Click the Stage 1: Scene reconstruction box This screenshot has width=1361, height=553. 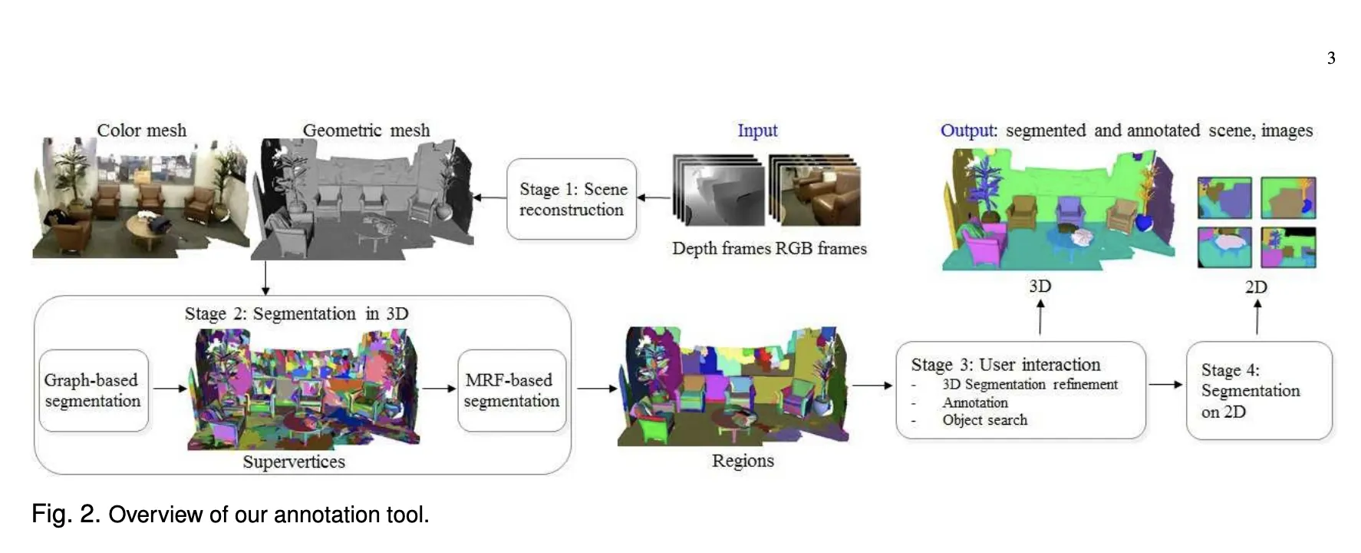click(x=572, y=199)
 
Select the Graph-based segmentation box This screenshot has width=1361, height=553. click(x=93, y=390)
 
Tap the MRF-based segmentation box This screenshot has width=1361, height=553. click(x=512, y=390)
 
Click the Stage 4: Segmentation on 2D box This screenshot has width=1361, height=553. click(x=1258, y=390)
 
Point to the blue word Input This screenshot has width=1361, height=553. click(x=757, y=131)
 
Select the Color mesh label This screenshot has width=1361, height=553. click(x=142, y=131)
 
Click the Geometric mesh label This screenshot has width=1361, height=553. click(x=366, y=131)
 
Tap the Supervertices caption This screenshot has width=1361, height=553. click(x=294, y=462)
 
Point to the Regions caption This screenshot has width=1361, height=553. click(x=743, y=461)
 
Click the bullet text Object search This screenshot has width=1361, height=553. click(x=984, y=420)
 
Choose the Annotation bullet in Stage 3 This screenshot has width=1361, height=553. click(x=975, y=402)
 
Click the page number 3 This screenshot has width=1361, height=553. click(x=1331, y=58)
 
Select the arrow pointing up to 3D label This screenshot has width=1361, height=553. click(x=1040, y=316)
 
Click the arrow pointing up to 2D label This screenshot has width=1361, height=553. click(x=1257, y=316)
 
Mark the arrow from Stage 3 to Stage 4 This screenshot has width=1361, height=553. click(x=1165, y=384)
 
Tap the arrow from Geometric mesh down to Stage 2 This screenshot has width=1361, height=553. click(x=265, y=278)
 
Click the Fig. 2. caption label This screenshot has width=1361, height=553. click(x=65, y=514)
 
